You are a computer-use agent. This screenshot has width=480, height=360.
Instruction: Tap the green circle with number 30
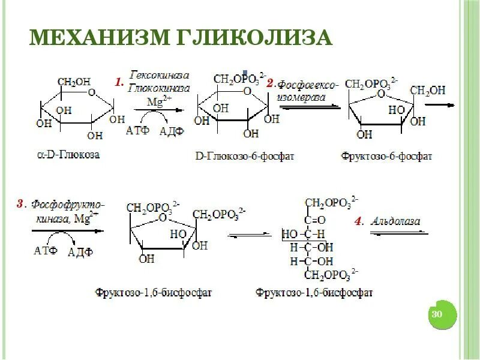(437, 314)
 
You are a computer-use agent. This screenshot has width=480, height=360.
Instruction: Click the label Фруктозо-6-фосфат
(386, 156)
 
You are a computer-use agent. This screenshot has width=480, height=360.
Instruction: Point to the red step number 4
(358, 221)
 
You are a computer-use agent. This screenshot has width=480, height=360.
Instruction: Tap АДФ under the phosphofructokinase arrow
(80, 252)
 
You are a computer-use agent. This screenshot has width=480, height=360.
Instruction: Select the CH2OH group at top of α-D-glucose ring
(74, 82)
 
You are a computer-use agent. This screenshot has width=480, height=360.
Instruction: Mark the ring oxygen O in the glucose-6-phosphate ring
(247, 91)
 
